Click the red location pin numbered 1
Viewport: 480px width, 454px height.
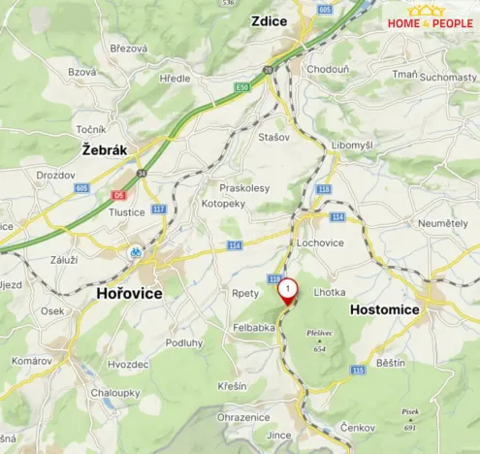[x=288, y=290]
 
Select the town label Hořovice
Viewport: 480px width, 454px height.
[x=129, y=293]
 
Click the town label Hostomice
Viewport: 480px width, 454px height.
[x=383, y=309]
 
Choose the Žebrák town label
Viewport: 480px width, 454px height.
[x=106, y=150]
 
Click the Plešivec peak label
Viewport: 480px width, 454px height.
[x=319, y=337]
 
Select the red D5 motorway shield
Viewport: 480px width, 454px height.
[x=118, y=194]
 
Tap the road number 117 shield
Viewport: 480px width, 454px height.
[x=159, y=209]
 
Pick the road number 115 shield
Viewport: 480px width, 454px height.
[x=358, y=370]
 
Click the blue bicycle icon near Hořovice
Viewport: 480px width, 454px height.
[x=137, y=251]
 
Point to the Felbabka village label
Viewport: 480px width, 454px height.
[x=254, y=328]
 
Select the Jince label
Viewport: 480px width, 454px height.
[x=278, y=436]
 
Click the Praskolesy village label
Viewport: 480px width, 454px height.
[x=244, y=188]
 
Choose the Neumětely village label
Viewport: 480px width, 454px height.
[x=442, y=223]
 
